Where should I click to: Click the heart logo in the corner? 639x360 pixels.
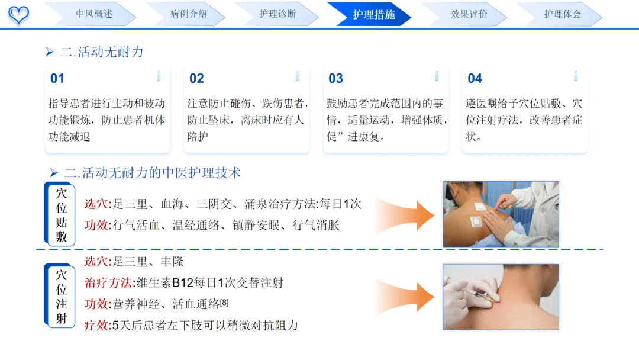(x=19, y=15)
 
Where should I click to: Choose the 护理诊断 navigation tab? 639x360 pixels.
(x=277, y=14)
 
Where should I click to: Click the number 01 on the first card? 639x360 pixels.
(x=57, y=78)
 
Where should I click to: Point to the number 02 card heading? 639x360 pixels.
(x=196, y=78)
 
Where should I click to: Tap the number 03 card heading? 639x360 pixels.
(x=336, y=78)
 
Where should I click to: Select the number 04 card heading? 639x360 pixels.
(x=475, y=78)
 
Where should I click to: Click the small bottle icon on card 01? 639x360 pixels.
(x=159, y=76)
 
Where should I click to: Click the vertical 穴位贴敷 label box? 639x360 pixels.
(x=60, y=214)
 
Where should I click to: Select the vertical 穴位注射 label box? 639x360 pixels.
(x=60, y=295)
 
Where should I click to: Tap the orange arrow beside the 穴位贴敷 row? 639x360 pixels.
(x=405, y=216)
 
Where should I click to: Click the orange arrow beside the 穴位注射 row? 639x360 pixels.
(x=405, y=297)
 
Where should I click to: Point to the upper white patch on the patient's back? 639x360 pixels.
(x=480, y=207)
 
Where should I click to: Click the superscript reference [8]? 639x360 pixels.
(x=225, y=303)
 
